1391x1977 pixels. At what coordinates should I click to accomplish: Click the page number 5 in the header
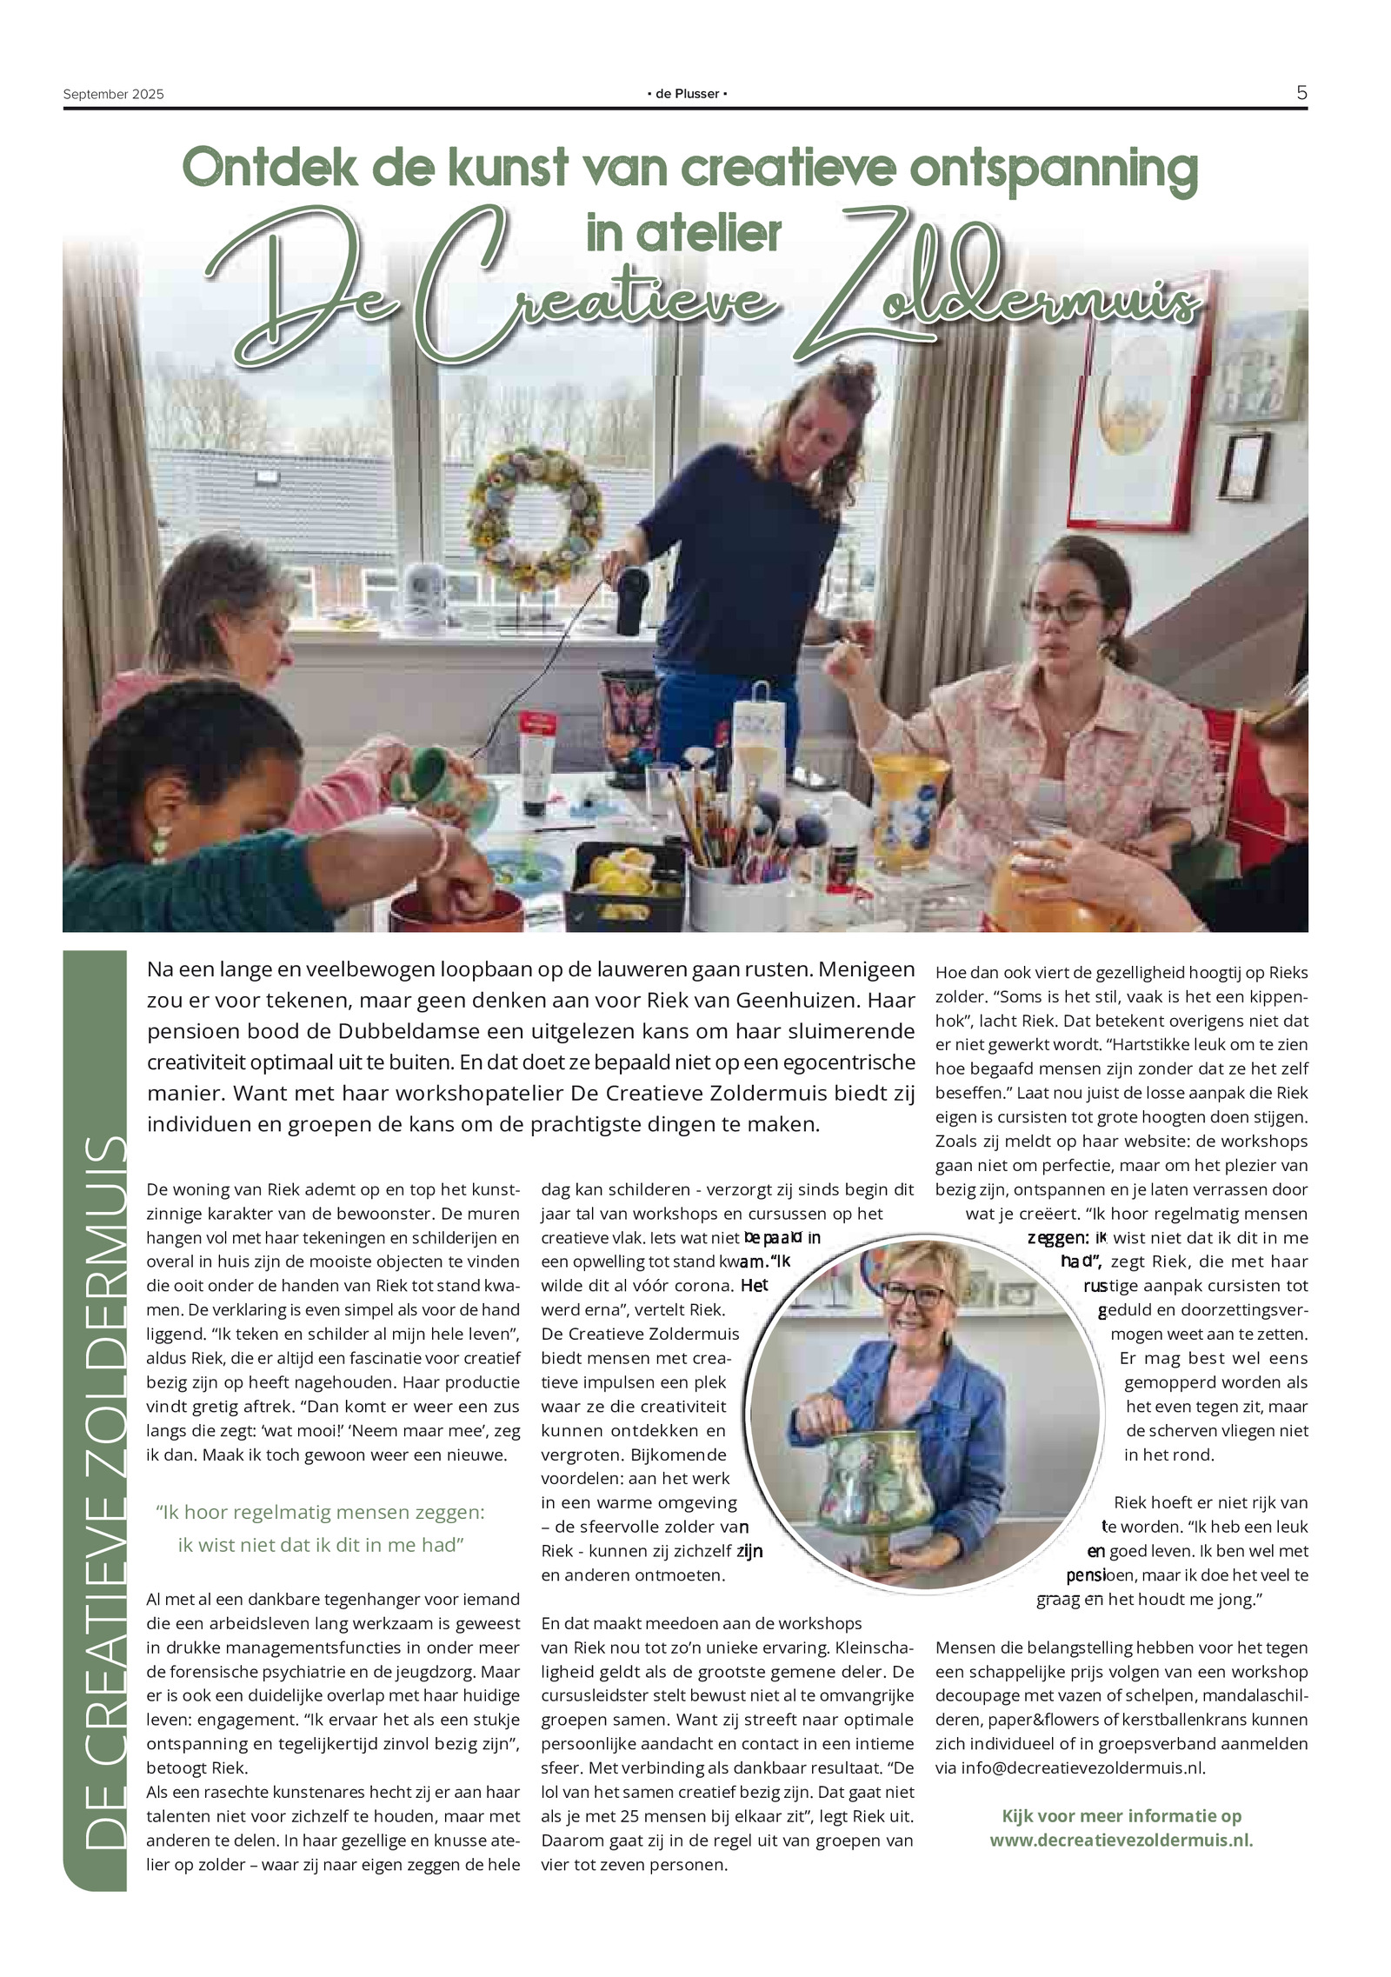click(x=1301, y=92)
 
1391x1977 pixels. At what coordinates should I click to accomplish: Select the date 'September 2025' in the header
click(x=113, y=94)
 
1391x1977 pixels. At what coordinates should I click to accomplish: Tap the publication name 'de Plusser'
click(x=687, y=94)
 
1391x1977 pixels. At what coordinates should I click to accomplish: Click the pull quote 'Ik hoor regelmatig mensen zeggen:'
click(x=321, y=1512)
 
